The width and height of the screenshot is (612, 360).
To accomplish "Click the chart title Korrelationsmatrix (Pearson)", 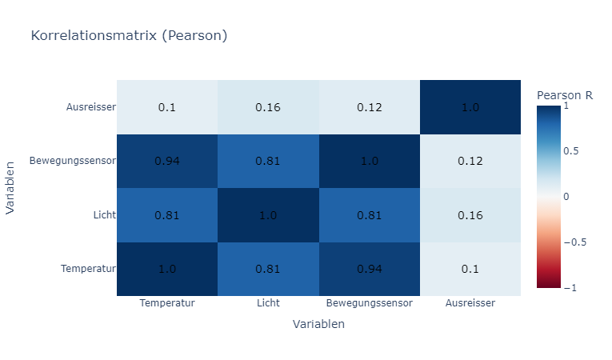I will point(129,35).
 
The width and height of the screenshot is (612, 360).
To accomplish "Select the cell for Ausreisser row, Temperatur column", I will point(166,107).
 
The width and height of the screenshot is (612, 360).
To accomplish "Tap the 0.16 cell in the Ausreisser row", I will point(268,107).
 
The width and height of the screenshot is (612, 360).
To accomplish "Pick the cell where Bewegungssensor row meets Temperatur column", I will point(166,161).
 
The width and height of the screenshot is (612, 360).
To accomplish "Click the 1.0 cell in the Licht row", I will point(268,215).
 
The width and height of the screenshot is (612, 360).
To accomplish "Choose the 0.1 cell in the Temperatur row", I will point(470,269).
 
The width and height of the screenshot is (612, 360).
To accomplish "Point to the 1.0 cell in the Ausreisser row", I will point(470,107).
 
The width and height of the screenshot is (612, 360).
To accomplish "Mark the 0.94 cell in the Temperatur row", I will point(369,269).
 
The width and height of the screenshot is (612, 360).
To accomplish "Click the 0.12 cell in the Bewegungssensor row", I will point(470,161).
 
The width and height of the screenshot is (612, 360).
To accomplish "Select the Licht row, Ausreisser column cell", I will point(470,215).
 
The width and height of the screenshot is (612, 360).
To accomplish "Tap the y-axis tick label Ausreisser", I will point(91,107).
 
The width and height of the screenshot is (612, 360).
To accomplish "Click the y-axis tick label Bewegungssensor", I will point(73,161).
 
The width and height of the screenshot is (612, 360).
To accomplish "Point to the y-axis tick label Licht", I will point(102,215).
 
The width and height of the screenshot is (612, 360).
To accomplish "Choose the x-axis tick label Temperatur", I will point(166,304).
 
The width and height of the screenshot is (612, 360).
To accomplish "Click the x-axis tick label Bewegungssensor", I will point(369,304).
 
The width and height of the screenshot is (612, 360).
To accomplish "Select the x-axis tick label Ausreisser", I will point(470,304).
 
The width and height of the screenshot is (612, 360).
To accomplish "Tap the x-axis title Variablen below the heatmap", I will point(318,324).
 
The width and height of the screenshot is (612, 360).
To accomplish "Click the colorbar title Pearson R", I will point(564,94).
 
